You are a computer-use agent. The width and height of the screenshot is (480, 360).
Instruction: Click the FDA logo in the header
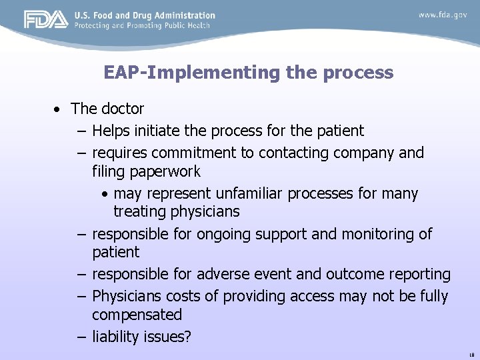click(x=46, y=19)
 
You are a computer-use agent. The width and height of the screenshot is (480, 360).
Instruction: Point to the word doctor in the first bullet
click(x=123, y=109)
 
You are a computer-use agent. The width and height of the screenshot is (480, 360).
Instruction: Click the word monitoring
click(x=379, y=234)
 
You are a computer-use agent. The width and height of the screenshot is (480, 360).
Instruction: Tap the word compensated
click(x=137, y=315)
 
